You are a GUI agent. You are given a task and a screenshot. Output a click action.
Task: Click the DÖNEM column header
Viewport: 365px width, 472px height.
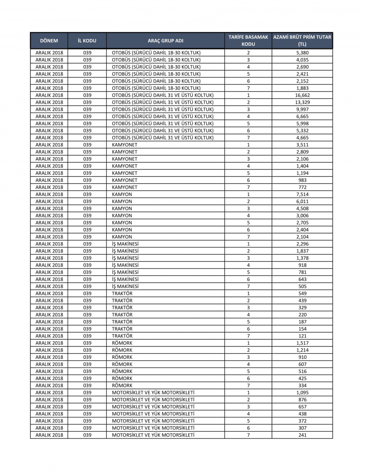click(x=49, y=41)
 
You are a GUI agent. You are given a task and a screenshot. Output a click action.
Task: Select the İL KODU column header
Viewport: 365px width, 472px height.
click(x=87, y=41)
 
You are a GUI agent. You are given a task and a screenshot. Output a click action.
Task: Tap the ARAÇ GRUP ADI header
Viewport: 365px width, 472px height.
click(x=165, y=41)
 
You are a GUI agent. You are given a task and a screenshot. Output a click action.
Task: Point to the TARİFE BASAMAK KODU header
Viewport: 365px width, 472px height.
click(x=248, y=41)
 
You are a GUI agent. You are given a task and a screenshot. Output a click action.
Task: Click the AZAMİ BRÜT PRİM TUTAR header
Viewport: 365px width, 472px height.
click(x=302, y=41)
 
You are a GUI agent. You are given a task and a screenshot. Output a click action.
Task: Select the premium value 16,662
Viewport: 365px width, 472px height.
click(x=302, y=95)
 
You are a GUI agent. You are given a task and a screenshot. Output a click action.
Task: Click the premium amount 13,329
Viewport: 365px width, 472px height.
click(x=302, y=102)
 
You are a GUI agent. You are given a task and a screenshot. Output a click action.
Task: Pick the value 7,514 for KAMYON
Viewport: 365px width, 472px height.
click(x=302, y=194)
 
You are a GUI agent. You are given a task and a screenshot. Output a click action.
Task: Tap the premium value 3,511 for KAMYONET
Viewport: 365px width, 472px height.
click(x=302, y=145)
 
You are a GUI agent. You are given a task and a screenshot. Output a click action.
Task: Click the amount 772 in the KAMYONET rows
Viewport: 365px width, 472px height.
click(x=302, y=187)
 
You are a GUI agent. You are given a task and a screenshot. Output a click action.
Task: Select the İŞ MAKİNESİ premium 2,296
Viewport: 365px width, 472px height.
click(x=302, y=244)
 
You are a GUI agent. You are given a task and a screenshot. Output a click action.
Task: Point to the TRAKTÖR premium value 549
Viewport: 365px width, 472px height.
click(x=302, y=293)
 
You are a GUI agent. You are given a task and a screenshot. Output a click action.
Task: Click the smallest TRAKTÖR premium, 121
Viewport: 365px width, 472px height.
click(x=302, y=336)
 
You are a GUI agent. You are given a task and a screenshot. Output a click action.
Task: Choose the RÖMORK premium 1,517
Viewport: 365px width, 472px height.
click(x=302, y=343)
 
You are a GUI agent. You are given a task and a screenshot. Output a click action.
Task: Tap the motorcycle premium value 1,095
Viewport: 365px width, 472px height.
click(x=302, y=393)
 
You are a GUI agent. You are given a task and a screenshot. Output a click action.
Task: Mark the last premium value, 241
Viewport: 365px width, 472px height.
click(x=302, y=435)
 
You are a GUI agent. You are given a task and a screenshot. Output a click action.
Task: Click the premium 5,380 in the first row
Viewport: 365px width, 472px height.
click(x=302, y=53)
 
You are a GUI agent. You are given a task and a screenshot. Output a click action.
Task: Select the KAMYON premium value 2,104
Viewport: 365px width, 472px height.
click(x=302, y=237)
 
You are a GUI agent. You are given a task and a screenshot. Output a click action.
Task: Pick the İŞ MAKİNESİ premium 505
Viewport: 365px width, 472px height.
click(x=302, y=286)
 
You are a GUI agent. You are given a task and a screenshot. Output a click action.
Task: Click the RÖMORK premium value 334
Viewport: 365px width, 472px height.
click(x=302, y=385)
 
